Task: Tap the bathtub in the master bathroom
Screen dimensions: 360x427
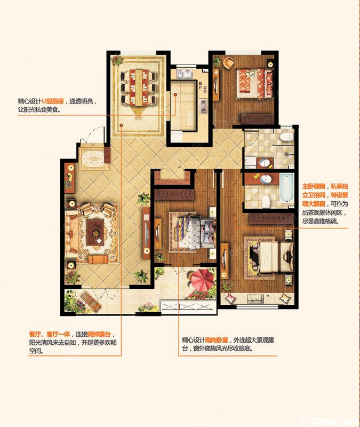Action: tap(286, 188)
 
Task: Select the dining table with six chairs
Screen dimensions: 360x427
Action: tap(139, 87)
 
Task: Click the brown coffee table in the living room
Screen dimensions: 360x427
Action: tap(95, 233)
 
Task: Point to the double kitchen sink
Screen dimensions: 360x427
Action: tap(184, 74)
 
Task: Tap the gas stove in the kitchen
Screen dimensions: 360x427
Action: tap(203, 106)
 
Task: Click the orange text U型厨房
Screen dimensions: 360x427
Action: tap(53, 101)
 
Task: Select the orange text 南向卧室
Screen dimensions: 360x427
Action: tap(217, 340)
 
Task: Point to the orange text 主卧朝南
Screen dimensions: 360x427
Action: tap(314, 186)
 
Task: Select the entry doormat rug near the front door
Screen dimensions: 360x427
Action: tap(92, 159)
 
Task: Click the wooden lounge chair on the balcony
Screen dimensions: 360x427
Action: tap(91, 302)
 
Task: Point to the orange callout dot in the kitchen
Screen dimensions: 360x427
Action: tap(175, 94)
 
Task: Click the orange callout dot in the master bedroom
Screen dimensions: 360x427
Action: tap(235, 215)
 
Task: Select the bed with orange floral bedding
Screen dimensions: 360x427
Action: tap(254, 84)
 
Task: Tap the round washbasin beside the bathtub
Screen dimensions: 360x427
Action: tap(266, 179)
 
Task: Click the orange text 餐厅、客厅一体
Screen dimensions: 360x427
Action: tap(50, 334)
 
